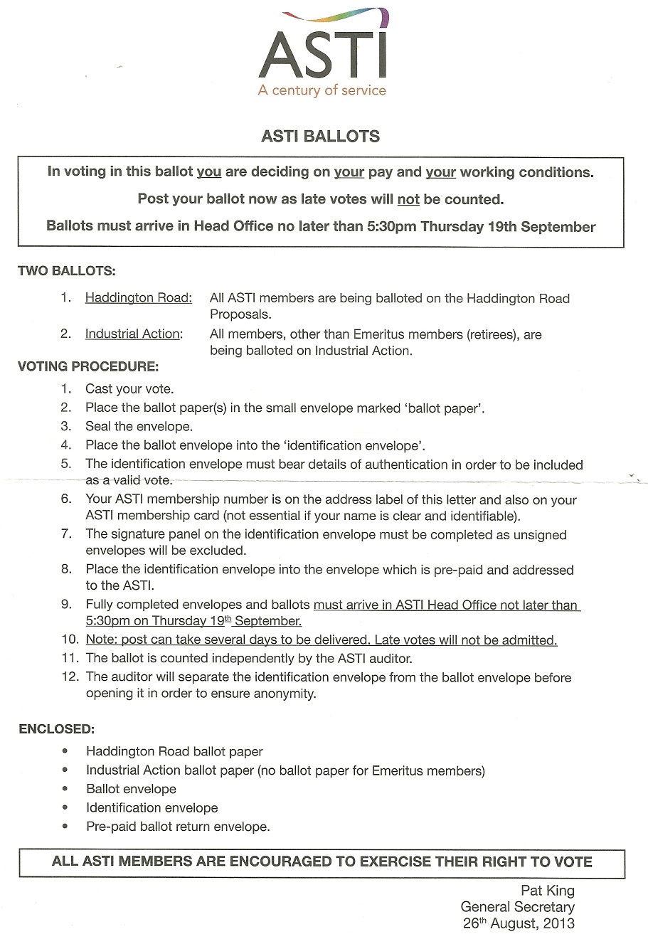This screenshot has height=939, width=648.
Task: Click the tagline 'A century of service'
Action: [x=322, y=90]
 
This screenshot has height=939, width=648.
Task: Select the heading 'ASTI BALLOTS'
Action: [x=321, y=136]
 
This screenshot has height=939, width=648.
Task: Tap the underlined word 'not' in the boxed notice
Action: [x=408, y=199]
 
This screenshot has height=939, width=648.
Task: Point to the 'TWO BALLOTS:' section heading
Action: [x=67, y=271]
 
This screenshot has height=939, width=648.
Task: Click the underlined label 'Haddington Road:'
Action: [x=139, y=298]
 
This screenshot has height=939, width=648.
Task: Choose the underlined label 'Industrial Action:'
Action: [x=134, y=334]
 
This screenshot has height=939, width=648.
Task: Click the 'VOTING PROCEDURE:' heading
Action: [x=88, y=367]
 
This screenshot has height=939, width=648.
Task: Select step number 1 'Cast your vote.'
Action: [x=129, y=389]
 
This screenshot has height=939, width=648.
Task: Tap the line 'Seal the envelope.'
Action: [x=139, y=427]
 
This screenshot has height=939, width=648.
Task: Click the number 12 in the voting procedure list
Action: [x=70, y=677]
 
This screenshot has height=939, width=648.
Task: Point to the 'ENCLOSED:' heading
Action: [x=56, y=729]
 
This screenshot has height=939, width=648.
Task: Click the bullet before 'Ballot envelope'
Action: [x=66, y=789]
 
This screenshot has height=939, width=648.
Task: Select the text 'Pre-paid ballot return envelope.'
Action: [x=178, y=827]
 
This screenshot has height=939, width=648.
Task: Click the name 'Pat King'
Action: [x=548, y=891]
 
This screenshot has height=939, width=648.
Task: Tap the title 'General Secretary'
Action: [x=517, y=907]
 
